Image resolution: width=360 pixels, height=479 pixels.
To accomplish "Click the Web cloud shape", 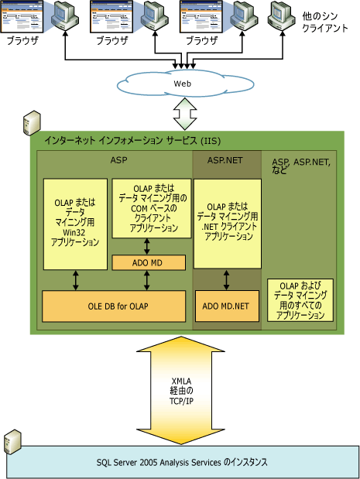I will (x=183, y=83).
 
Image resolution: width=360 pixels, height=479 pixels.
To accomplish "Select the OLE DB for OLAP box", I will (x=113, y=306).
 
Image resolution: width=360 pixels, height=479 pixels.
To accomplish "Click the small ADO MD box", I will (x=149, y=262).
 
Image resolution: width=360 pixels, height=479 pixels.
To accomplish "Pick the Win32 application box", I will (x=75, y=224).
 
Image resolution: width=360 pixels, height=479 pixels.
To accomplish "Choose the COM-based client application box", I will (x=149, y=208).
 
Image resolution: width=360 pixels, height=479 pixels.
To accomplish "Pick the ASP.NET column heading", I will (x=226, y=160).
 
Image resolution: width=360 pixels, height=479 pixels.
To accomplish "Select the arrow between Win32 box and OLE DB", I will (x=75, y=280).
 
